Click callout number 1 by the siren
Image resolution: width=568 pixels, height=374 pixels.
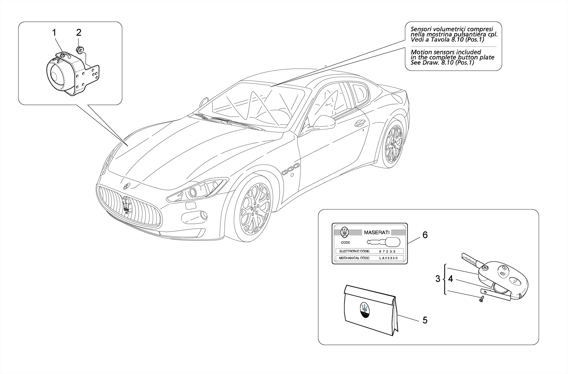pyautogui.click(x=54, y=33)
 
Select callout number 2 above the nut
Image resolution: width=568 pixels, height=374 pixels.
pyautogui.click(x=79, y=33)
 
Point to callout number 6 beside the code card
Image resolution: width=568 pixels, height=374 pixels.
pyautogui.click(x=425, y=235)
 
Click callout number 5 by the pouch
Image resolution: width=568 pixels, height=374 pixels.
pyautogui.click(x=425, y=320)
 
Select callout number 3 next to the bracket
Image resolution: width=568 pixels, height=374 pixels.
pyautogui.click(x=438, y=279)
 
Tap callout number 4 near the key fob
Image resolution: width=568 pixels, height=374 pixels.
pyautogui.click(x=450, y=279)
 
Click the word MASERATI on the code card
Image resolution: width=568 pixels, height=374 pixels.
pyautogui.click(x=377, y=232)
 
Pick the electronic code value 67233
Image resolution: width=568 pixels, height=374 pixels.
pyautogui.click(x=387, y=251)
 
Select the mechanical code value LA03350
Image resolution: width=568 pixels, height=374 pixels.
pyautogui.click(x=389, y=258)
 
